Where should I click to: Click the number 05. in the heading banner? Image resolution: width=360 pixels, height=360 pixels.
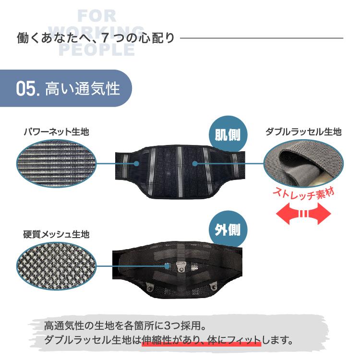[x=27, y=89]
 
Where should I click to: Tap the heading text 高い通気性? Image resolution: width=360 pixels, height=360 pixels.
[x=82, y=89]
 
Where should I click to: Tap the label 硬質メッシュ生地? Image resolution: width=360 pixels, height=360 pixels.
[x=56, y=235]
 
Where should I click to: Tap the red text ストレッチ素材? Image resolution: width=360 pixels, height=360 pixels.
[x=303, y=194]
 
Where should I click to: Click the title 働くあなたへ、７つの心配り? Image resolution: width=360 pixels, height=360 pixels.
[x=96, y=38]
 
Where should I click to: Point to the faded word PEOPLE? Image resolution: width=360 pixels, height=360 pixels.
[x=96, y=50]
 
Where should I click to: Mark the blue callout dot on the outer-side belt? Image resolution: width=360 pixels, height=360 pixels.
[x=167, y=265]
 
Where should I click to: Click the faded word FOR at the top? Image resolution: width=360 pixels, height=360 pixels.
[x=96, y=16]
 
